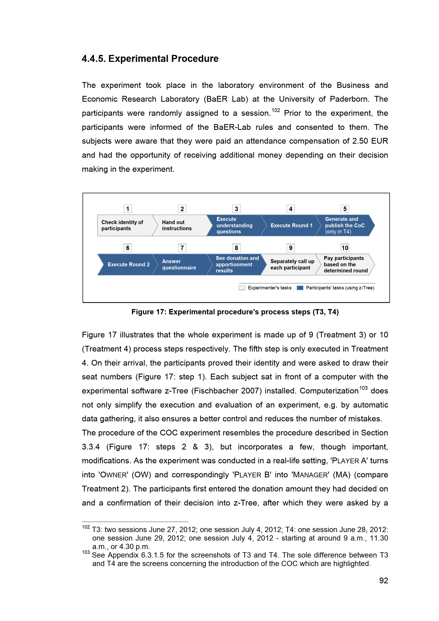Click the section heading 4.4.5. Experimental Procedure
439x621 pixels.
coord(150,59)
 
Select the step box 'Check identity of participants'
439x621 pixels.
coord(124,225)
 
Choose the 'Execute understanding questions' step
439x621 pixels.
coord(234,225)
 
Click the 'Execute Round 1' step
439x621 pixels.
coord(291,225)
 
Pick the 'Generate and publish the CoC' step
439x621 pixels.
coord(345,225)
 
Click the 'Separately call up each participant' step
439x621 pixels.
coord(292,264)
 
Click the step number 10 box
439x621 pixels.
coord(345,248)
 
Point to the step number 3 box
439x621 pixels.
coord(236,209)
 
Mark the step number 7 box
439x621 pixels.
coord(182,248)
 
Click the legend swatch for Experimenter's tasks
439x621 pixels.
coord(242,288)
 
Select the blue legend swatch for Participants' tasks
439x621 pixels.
coord(300,288)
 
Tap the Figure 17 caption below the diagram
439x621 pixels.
coord(235,312)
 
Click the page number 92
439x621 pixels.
coord(383,580)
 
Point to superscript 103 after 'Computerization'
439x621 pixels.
coord(363,388)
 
